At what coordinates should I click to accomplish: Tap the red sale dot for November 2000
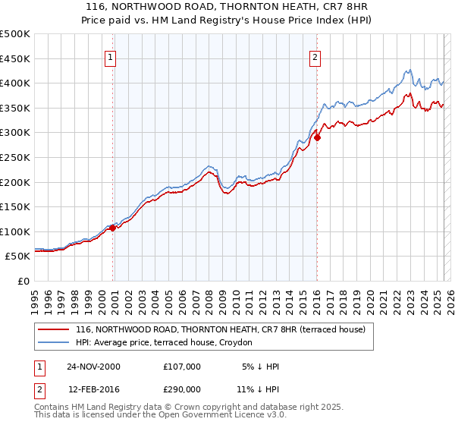pos(113,228)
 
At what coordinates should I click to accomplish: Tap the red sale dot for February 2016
pos(317,137)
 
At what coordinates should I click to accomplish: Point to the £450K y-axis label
pos(15,58)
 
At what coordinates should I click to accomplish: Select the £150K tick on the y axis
pos(15,206)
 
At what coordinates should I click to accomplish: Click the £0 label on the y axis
pos(24,281)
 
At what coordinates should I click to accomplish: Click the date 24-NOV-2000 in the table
pos(93,366)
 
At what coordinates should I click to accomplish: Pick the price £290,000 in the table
pos(182,389)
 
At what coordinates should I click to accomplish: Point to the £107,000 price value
pos(182,366)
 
